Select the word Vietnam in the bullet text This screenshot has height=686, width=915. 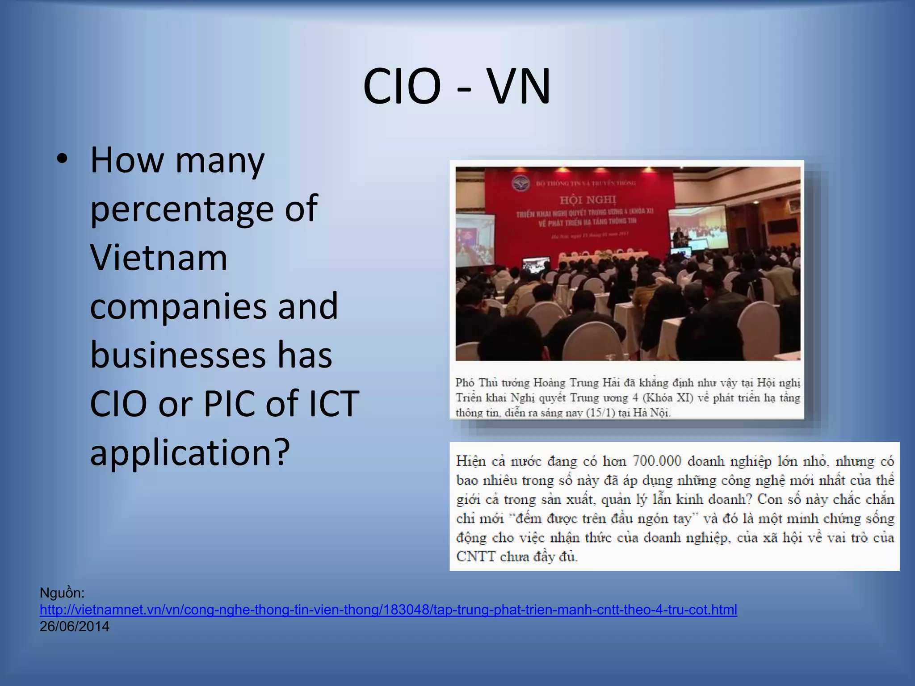[159, 258]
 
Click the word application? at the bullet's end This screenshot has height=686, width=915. [190, 452]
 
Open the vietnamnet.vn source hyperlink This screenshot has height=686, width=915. [388, 610]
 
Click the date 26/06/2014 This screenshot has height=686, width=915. [74, 627]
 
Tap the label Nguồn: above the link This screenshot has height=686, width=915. [62, 593]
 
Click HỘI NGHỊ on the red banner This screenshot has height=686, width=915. [588, 199]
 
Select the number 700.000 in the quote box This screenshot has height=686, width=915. [657, 461]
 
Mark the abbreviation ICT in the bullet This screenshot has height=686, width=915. [334, 404]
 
